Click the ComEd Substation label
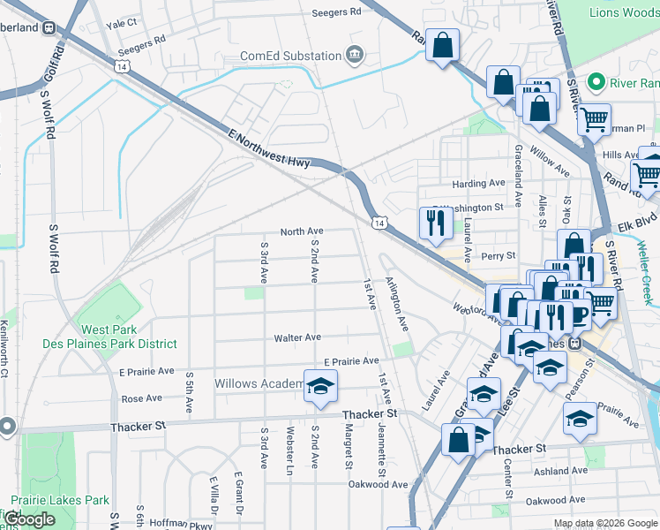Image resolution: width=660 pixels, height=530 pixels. point(291,56)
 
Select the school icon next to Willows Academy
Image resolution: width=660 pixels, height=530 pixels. point(320,386)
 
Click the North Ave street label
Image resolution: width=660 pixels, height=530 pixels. point(302,231)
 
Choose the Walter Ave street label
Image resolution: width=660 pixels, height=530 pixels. point(297,337)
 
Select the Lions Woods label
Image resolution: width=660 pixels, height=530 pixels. point(624,11)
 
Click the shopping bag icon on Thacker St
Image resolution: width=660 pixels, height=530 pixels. point(460,441)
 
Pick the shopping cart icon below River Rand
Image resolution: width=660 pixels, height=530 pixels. point(595,117)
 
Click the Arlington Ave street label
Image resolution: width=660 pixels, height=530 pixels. point(397,305)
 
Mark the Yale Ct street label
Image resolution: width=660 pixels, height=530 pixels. point(122,23)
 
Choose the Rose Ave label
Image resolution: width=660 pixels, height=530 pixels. point(141,399)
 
